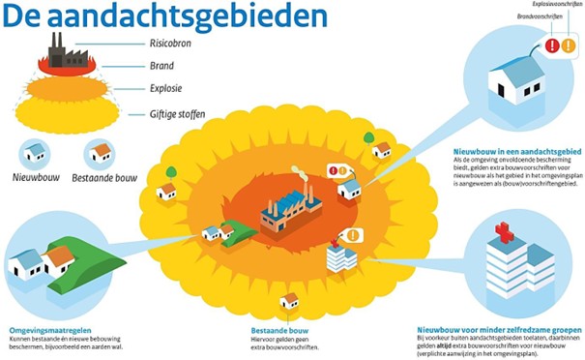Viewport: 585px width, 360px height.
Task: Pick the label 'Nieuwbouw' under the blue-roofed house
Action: [x=36, y=177]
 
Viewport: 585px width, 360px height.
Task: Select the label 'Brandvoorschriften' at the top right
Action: [x=512, y=16]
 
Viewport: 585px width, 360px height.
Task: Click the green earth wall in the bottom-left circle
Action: [x=73, y=257]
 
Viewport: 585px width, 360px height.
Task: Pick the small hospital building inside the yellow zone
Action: [x=337, y=255]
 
